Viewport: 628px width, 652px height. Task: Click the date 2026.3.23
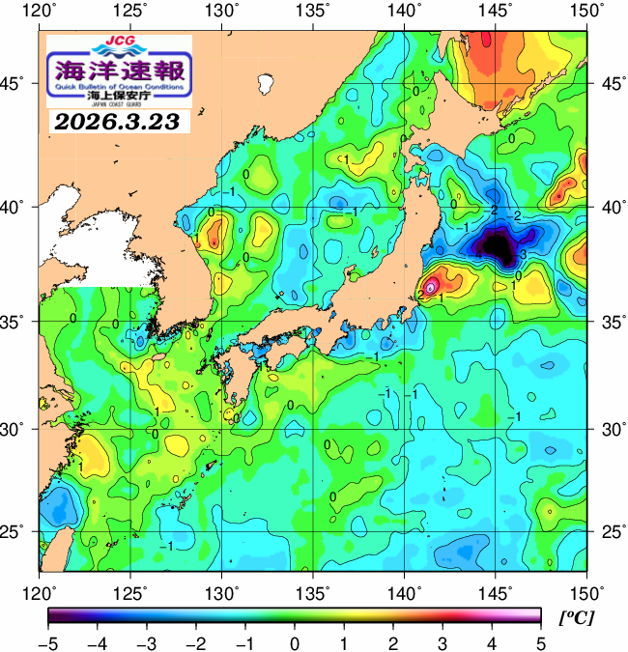point(118,122)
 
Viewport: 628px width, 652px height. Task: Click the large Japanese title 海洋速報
point(119,71)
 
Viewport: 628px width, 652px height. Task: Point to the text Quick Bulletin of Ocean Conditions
point(119,88)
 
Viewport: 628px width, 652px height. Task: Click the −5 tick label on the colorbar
point(47,642)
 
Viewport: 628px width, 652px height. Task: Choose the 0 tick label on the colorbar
point(294,642)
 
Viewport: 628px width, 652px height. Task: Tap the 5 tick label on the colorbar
point(540,642)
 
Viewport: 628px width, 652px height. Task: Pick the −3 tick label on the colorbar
point(146,642)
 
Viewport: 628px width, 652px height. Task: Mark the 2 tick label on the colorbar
point(392,642)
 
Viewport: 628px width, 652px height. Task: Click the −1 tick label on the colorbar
point(244,642)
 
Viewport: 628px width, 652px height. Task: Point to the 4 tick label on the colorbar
point(491,642)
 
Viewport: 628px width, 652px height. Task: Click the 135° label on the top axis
point(315,12)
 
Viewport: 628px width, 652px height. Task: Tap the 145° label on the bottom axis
point(498,591)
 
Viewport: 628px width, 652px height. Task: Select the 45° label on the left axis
point(19,83)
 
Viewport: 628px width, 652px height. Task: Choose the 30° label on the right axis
point(608,428)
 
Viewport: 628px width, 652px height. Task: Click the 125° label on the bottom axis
point(132,591)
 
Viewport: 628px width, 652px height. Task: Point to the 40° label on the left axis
point(19,207)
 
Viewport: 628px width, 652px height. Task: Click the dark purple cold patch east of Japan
point(499,246)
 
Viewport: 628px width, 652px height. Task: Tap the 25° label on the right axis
point(608,531)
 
